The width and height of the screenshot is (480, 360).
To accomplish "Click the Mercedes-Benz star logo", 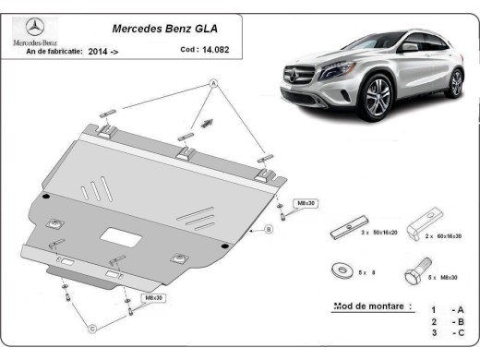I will coord(34,27).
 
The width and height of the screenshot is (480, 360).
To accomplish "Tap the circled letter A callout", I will coord(213,84).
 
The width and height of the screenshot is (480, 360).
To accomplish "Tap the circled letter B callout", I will coord(268,228).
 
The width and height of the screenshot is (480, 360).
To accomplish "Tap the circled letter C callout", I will coord(92,328).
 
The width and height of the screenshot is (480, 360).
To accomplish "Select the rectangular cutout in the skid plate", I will coord(120,236).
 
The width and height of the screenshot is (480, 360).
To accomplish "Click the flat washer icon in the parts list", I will coord(340,271).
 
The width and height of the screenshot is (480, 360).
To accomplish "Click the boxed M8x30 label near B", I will coord(304,202).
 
